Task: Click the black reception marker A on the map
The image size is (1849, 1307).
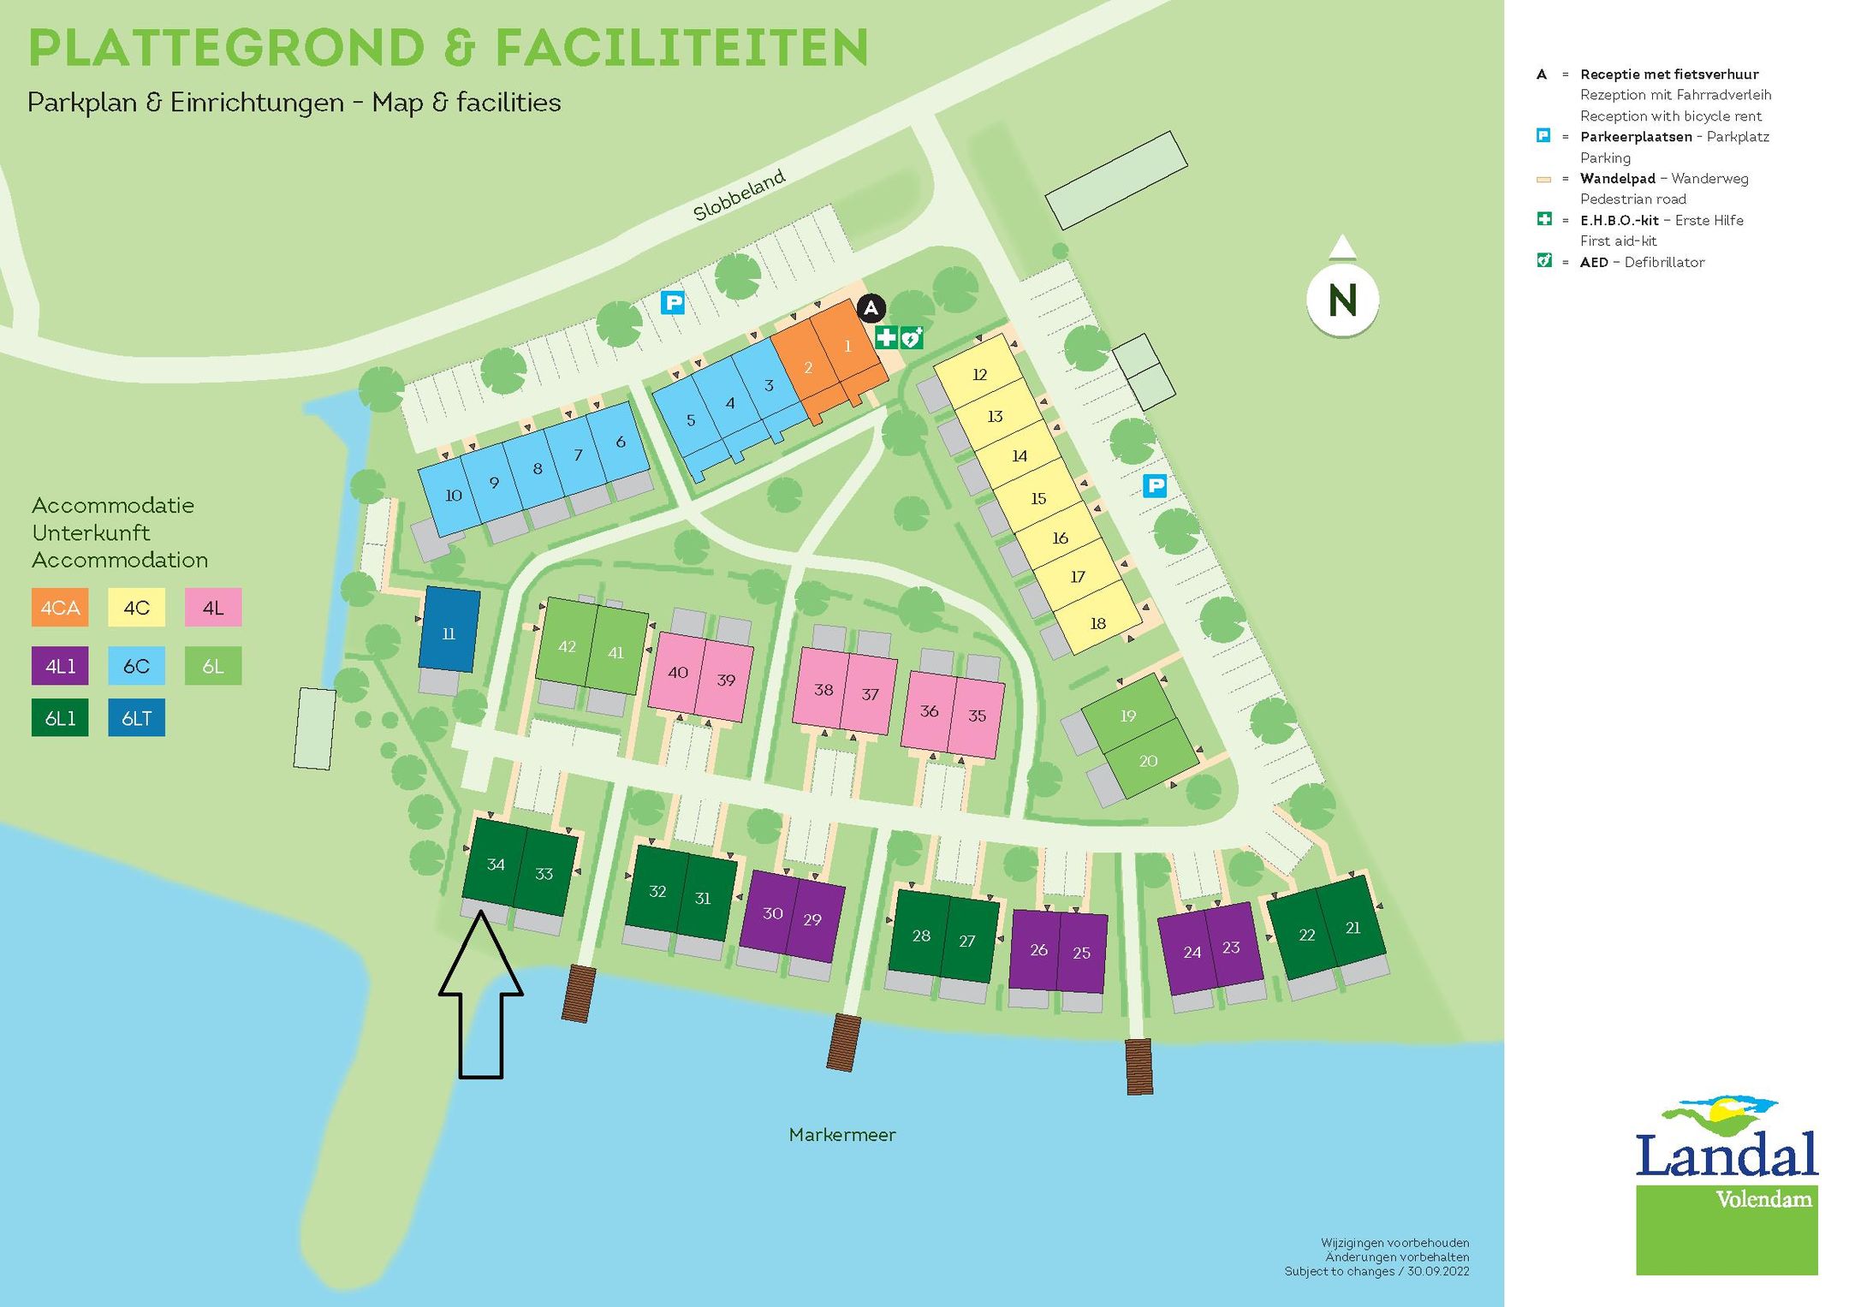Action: (871, 308)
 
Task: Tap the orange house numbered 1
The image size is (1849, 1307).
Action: (847, 347)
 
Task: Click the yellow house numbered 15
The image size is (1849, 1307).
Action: (1038, 498)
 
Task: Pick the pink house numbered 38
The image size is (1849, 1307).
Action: (823, 689)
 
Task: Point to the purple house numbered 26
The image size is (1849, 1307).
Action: (1037, 949)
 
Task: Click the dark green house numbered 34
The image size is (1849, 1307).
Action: (495, 864)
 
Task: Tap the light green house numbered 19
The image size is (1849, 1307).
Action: (1127, 715)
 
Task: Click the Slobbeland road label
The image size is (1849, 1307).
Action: (739, 196)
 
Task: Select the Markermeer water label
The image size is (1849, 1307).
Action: (841, 1135)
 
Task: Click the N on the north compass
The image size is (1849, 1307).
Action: (1342, 300)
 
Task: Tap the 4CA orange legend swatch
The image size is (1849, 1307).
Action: (60, 608)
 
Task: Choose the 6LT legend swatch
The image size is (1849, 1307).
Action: (136, 718)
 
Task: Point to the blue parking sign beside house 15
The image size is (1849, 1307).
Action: (1155, 486)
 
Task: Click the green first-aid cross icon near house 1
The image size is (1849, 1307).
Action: (886, 337)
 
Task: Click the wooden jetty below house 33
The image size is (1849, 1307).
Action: (578, 993)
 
